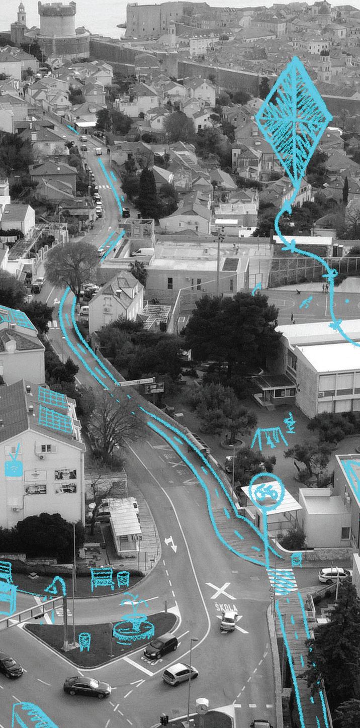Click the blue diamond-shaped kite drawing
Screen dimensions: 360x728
[x=294, y=121]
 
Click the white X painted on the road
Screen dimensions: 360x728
[x=221, y=590]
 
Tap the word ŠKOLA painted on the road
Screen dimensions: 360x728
[x=226, y=607]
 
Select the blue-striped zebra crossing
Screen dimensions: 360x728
[x=282, y=581]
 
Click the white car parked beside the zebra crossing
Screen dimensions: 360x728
[x=334, y=575]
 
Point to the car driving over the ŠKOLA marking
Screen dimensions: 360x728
[x=229, y=620]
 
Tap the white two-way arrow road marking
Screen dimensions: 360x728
[x=170, y=543]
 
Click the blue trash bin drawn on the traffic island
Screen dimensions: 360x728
[x=84, y=641]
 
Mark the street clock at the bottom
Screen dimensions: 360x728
[x=202, y=706]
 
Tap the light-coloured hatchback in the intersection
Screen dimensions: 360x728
[x=180, y=674]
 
